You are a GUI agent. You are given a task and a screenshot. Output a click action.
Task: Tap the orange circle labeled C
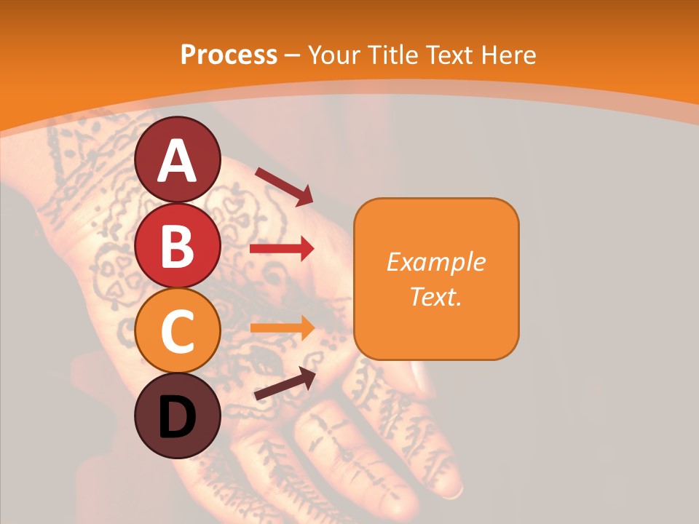[x=178, y=331]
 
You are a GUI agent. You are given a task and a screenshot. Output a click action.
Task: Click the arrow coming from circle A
[x=284, y=186]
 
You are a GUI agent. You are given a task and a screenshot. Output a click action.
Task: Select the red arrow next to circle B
[x=282, y=249]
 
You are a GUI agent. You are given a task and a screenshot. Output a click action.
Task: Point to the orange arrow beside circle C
[x=282, y=327]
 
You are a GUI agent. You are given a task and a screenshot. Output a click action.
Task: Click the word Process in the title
[x=229, y=55]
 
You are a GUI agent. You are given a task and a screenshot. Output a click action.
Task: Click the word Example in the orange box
[x=435, y=262]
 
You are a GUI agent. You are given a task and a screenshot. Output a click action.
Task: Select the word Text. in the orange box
[x=435, y=297]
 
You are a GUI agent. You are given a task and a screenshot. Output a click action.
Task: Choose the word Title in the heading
[x=393, y=55]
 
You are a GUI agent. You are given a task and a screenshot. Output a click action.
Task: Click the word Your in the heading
[x=333, y=55]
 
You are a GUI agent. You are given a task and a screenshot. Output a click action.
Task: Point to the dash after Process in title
[x=292, y=56]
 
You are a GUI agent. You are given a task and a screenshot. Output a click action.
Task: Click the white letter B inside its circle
[x=178, y=246]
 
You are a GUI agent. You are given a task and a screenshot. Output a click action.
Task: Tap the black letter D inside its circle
[x=178, y=418]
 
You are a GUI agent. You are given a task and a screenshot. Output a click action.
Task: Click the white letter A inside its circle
[x=178, y=161]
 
